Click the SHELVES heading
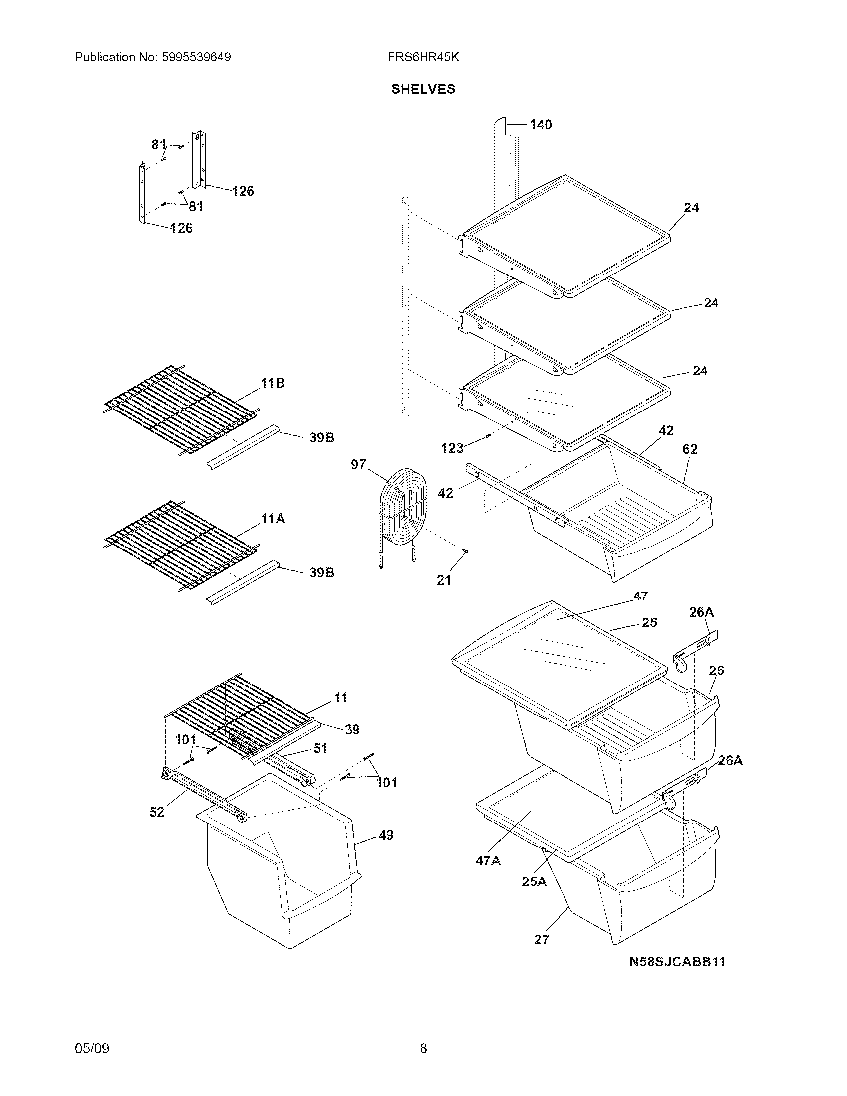click(x=423, y=89)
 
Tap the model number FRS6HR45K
click(x=423, y=57)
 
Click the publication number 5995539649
click(x=196, y=57)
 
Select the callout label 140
click(x=541, y=125)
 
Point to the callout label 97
click(x=358, y=465)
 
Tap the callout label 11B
click(x=273, y=384)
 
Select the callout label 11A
click(x=273, y=519)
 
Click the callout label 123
click(x=452, y=448)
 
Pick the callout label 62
click(x=690, y=449)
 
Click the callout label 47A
click(x=488, y=861)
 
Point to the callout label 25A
click(x=534, y=881)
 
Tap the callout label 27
click(x=542, y=939)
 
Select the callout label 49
click(x=385, y=835)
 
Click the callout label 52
click(x=157, y=812)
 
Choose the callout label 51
click(x=321, y=748)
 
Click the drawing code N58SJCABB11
click(x=677, y=961)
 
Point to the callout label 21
click(x=444, y=580)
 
